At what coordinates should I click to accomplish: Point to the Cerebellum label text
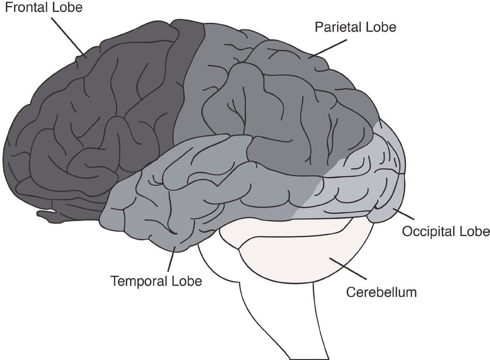(381, 292)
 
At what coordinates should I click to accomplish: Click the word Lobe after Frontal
(68, 7)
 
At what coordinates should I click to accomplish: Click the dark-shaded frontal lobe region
(96, 116)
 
